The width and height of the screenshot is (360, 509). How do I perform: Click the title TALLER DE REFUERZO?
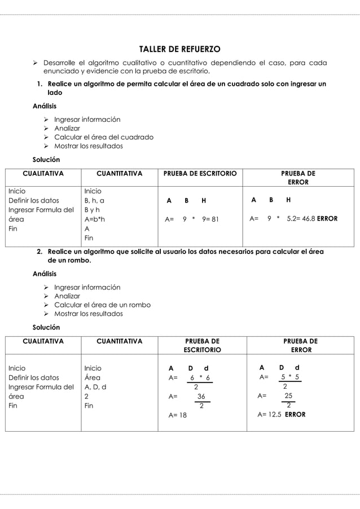click(179, 49)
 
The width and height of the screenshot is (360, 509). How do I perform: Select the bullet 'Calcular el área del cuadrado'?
click(103, 137)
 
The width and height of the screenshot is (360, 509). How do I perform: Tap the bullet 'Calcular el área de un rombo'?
click(102, 305)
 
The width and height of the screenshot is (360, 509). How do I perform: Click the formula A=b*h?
click(94, 220)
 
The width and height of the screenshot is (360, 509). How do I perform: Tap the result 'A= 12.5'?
click(268, 414)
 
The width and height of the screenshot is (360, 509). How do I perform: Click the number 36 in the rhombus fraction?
click(201, 397)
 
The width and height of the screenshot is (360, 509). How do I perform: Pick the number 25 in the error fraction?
click(288, 396)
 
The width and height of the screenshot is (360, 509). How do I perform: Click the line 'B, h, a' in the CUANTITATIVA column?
click(94, 200)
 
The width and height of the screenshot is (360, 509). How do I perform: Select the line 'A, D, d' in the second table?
click(95, 387)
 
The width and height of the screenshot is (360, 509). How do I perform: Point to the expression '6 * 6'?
click(200, 378)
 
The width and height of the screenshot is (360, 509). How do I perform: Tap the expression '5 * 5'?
click(290, 377)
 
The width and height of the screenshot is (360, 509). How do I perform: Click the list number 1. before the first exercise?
click(40, 84)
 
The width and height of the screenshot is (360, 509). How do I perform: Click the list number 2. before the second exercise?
click(40, 252)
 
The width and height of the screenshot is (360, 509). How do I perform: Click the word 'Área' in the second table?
click(92, 378)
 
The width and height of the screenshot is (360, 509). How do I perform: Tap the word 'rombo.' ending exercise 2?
click(79, 261)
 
